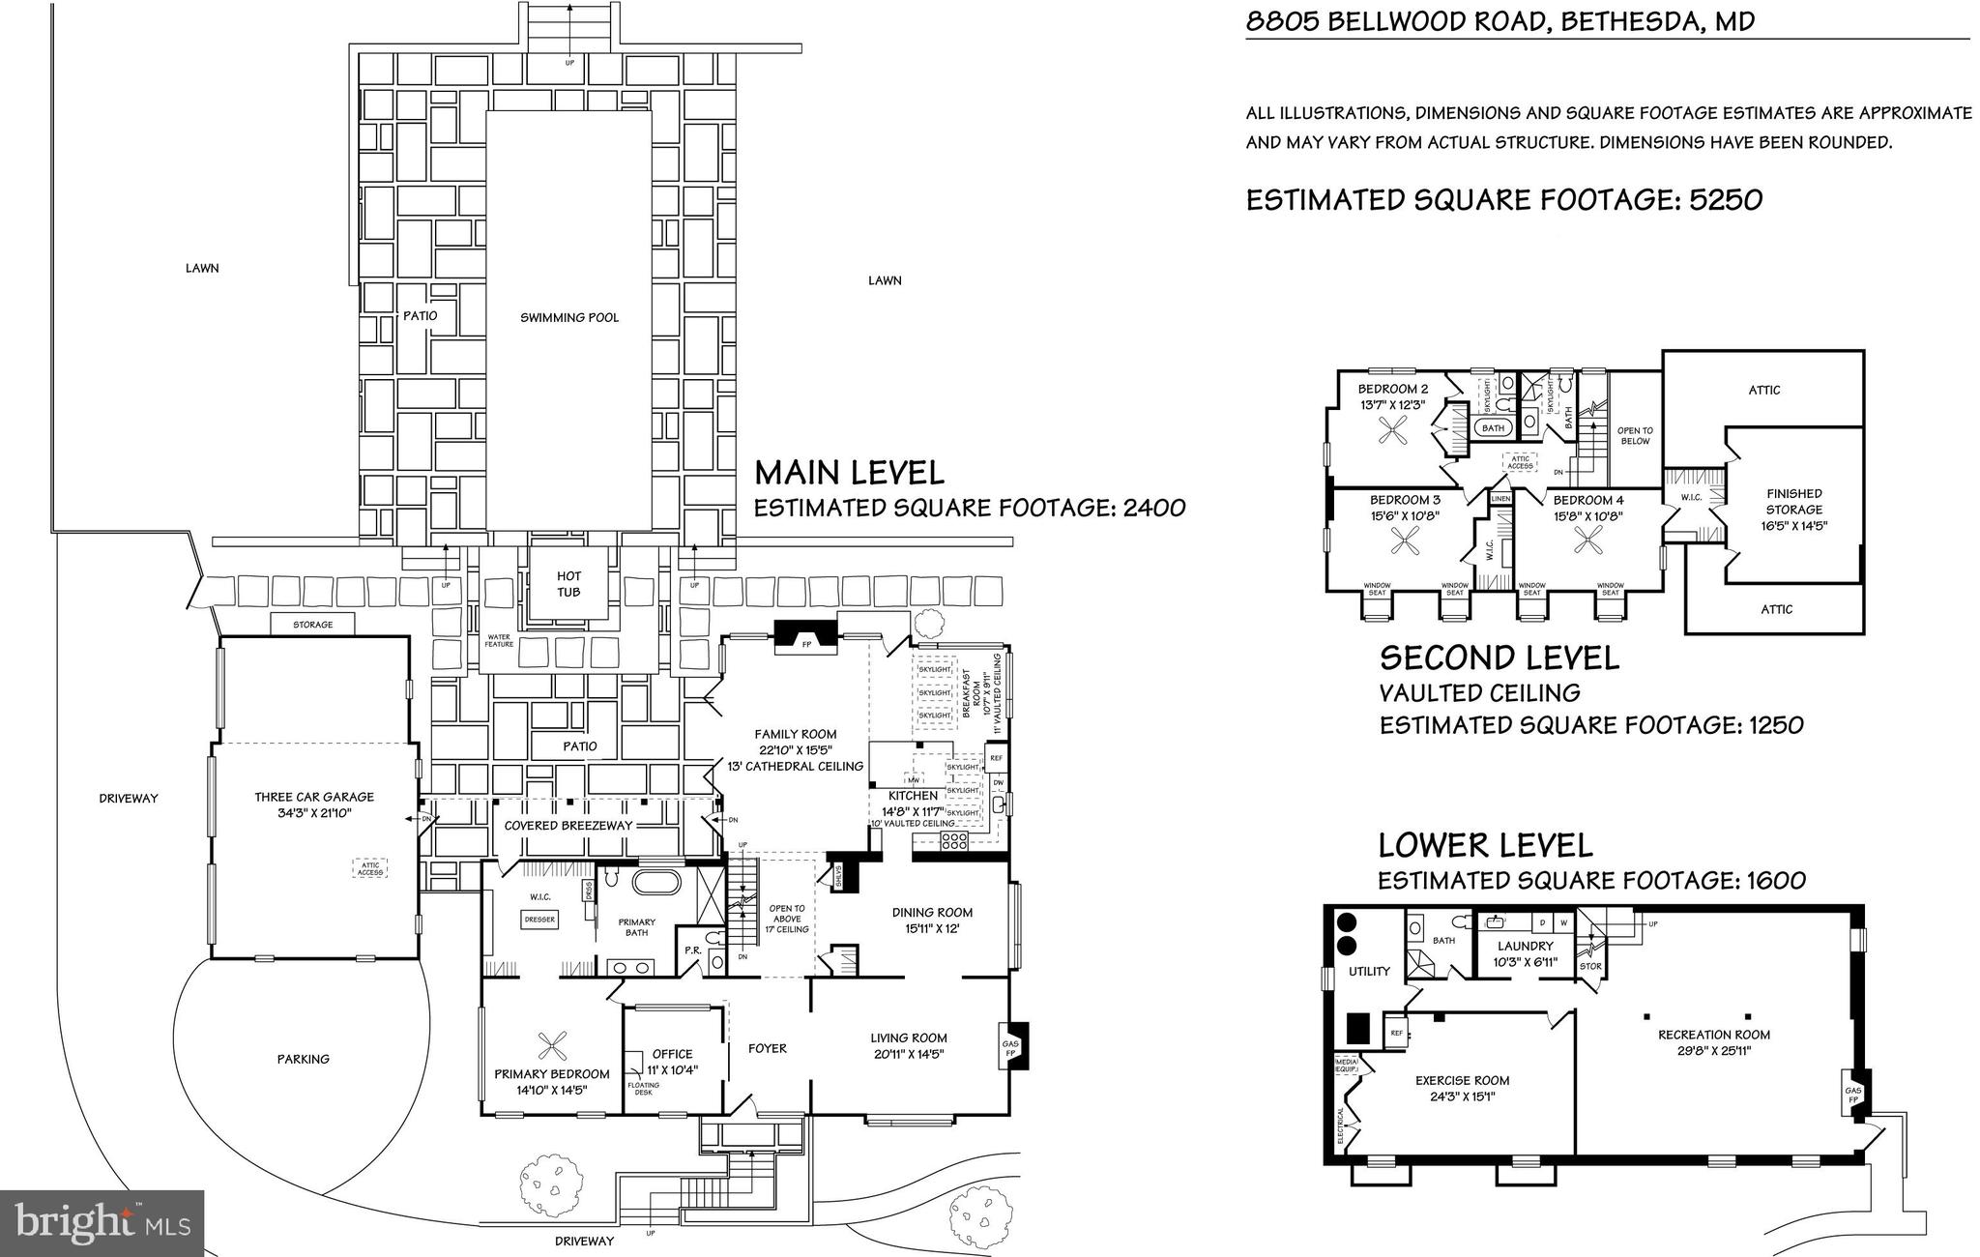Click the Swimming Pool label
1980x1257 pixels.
click(568, 318)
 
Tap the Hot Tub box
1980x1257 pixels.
click(568, 584)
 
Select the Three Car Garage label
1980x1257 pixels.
click(314, 798)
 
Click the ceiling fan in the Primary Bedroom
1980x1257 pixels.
click(552, 1044)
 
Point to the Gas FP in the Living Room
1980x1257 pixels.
click(1011, 1048)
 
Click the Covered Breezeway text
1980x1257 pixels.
click(568, 826)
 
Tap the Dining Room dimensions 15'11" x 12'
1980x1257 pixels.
click(932, 928)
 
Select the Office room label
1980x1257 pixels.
click(672, 1054)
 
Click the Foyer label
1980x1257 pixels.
click(768, 1048)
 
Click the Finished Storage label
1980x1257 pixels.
click(1793, 501)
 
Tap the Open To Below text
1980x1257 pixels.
click(1635, 436)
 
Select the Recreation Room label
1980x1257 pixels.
click(1714, 1035)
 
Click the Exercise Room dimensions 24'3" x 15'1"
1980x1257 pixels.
click(1462, 1096)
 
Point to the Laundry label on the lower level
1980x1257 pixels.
click(1526, 946)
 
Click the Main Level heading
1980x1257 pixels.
click(849, 473)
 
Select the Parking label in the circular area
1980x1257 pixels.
click(304, 1059)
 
